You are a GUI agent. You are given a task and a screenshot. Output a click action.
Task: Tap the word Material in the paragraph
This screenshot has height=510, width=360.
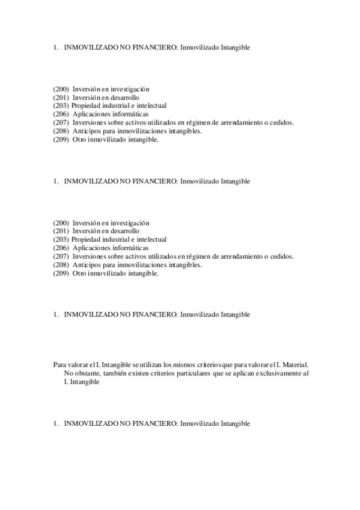click(x=294, y=364)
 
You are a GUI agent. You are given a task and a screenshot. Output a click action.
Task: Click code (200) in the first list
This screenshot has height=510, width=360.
click(x=61, y=89)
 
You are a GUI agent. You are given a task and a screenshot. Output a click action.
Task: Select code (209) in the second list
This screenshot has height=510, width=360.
click(x=61, y=274)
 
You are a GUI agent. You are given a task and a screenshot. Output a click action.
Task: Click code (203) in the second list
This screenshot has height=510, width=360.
click(x=61, y=239)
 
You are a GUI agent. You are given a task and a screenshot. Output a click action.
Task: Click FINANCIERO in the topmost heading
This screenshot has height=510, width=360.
click(x=154, y=48)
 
